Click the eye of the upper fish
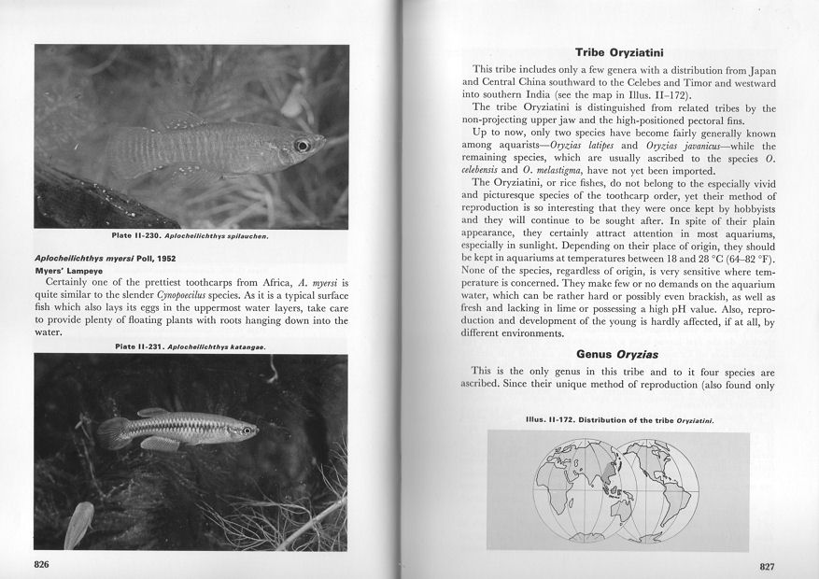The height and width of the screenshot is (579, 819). [x=301, y=146]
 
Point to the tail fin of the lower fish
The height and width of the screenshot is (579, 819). [x=111, y=432]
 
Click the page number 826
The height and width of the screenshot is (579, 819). [x=41, y=564]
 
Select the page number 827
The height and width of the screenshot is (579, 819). [x=767, y=565]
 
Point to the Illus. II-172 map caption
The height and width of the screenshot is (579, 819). [x=619, y=420]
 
